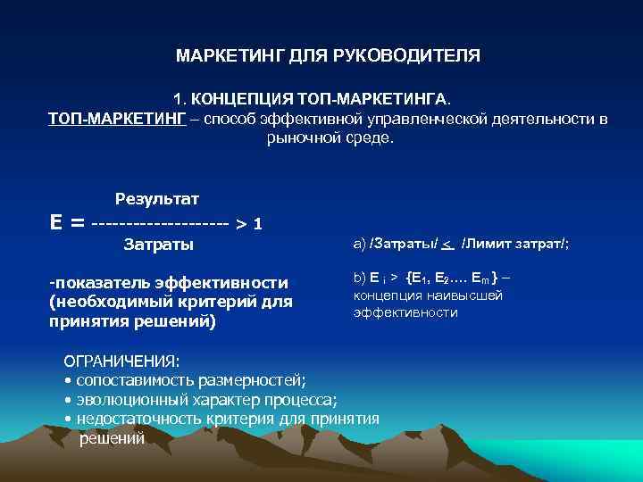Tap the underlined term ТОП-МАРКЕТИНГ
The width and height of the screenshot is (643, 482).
(117, 119)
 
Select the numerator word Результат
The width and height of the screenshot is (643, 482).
(157, 197)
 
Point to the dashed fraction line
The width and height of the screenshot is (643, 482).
(161, 222)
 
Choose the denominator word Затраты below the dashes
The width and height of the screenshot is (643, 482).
(158, 245)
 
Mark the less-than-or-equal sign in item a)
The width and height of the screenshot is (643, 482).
(448, 243)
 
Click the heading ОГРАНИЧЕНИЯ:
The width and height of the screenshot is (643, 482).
(121, 361)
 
